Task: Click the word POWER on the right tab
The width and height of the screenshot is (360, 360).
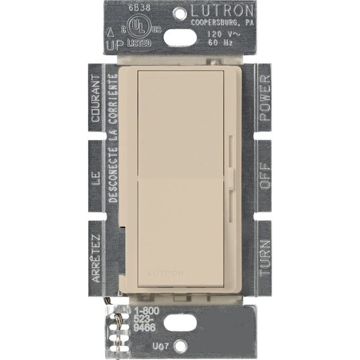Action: tap(265, 93)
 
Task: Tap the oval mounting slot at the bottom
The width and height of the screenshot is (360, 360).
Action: tap(180, 323)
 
